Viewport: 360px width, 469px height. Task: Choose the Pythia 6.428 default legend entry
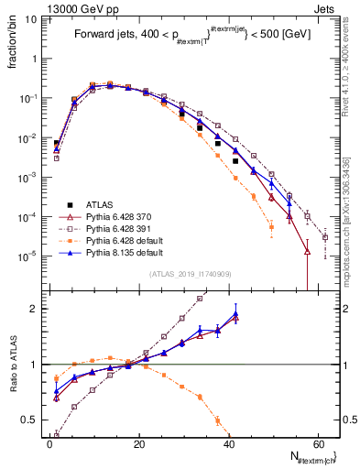(x=120, y=239)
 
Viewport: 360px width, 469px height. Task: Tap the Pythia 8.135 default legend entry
(x=120, y=251)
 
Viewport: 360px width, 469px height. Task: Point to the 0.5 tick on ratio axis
(x=31, y=420)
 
